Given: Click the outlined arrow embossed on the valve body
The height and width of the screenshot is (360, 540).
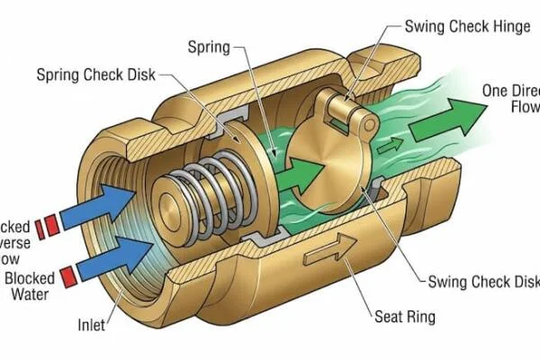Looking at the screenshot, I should click(x=329, y=256).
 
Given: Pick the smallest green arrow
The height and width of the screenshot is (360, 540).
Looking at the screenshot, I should click(x=389, y=145).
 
